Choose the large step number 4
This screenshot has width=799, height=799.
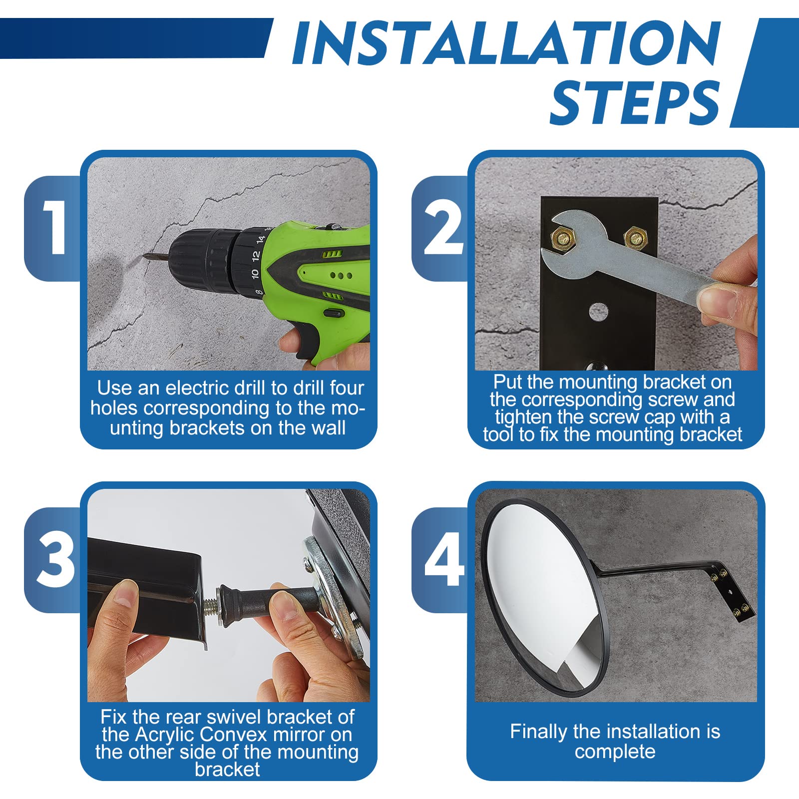point(443,559)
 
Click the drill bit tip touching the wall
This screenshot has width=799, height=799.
point(145,256)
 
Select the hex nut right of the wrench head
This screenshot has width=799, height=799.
point(636,237)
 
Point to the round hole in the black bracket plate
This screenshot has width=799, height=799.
point(598,312)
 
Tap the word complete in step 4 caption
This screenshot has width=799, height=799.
point(615,752)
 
